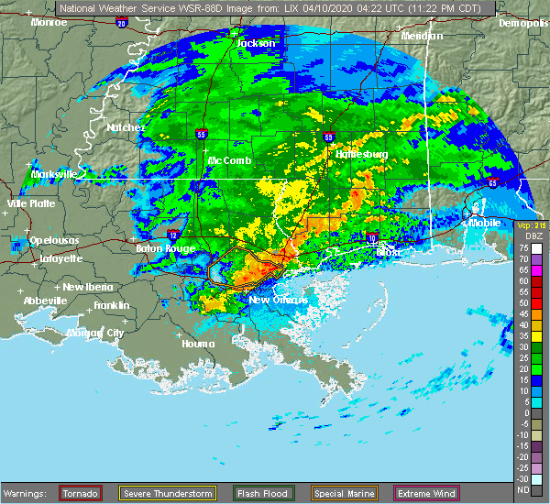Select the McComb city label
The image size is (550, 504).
pos(230,160)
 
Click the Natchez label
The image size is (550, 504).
pos(125,128)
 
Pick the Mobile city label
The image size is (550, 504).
pos(487,222)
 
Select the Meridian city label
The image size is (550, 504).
pos(422,36)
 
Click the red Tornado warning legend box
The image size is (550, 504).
pos(82,494)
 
